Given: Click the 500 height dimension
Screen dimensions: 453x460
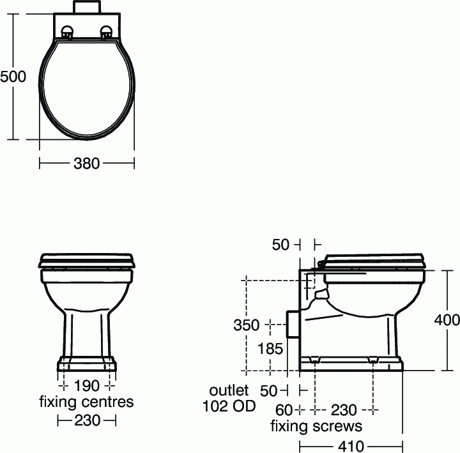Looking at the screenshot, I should [13, 76].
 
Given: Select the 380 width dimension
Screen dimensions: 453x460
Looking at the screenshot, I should [86, 164].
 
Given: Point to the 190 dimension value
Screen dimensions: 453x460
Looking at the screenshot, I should [86, 387].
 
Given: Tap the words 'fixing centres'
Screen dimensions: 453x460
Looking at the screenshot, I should [86, 402].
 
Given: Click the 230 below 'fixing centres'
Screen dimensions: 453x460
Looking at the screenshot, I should [86, 420].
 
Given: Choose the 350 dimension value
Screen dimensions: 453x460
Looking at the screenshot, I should [246, 325].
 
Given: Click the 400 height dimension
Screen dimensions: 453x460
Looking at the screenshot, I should [447, 321].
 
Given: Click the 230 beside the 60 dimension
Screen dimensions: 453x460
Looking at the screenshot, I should [344, 410].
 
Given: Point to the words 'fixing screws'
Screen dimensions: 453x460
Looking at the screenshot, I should [316, 426].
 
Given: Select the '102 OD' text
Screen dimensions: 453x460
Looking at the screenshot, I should [229, 406].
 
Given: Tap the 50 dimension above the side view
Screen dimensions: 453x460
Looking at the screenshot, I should [281, 244].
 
